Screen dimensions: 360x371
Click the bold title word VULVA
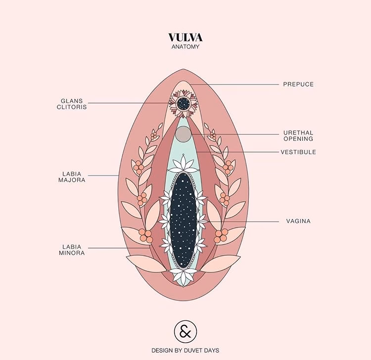(x=185, y=38)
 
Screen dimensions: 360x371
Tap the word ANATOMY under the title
(x=185, y=47)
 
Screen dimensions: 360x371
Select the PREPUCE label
(x=298, y=84)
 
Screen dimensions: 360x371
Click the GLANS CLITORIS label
(x=72, y=103)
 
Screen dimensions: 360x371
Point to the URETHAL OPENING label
(x=298, y=135)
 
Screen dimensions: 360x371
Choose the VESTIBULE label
(x=298, y=152)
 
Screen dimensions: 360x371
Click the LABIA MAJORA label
(x=72, y=177)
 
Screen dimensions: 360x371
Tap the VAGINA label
(x=298, y=221)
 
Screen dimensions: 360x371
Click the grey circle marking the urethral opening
(x=184, y=133)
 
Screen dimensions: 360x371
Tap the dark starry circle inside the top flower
(x=184, y=103)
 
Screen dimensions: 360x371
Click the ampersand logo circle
(x=185, y=330)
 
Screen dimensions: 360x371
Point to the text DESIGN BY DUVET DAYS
(x=185, y=350)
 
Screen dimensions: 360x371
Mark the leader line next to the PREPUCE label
(x=237, y=84)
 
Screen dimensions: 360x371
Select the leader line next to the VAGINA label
(x=242, y=221)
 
